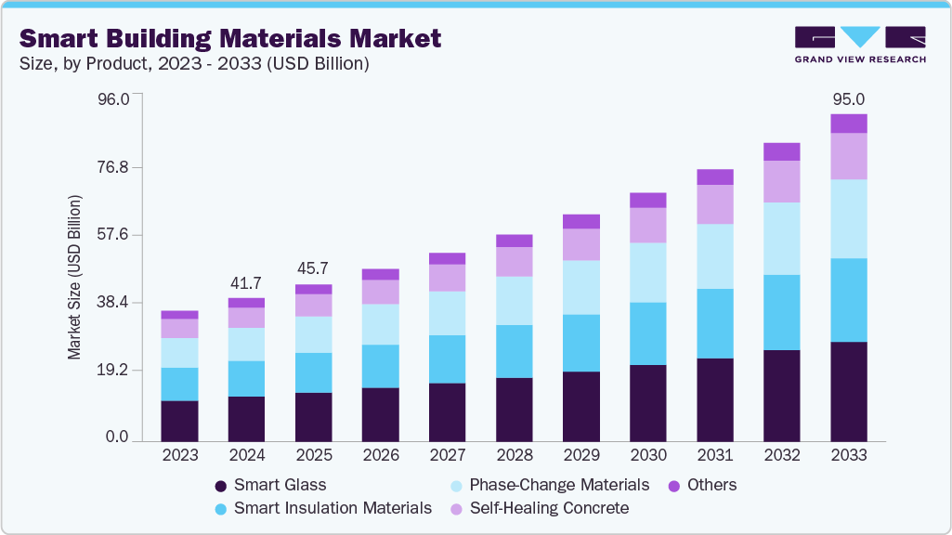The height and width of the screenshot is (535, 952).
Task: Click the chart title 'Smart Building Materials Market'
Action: click(x=230, y=38)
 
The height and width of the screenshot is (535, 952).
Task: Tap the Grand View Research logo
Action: click(x=860, y=44)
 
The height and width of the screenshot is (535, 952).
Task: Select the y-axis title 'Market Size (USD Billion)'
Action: click(x=74, y=277)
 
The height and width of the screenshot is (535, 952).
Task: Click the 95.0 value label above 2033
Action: click(x=848, y=99)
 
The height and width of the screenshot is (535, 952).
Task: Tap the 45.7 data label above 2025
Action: click(x=313, y=269)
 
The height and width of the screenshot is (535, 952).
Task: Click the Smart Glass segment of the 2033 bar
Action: click(x=848, y=391)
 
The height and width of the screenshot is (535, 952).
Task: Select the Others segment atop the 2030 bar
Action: click(x=647, y=200)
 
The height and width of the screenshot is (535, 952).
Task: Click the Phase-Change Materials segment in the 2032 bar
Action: click(x=781, y=239)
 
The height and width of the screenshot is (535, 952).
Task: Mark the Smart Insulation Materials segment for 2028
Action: click(x=514, y=351)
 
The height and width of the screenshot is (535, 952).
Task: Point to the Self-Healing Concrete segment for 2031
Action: click(x=714, y=204)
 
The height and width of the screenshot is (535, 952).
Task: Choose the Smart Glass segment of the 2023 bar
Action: click(x=179, y=421)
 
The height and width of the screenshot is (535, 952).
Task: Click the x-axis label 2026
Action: click(x=380, y=455)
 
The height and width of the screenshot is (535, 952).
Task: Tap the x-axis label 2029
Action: click(x=580, y=455)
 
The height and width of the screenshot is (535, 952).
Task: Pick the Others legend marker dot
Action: click(x=674, y=485)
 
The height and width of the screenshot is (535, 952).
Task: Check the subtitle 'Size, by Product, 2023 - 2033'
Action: click(x=194, y=64)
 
